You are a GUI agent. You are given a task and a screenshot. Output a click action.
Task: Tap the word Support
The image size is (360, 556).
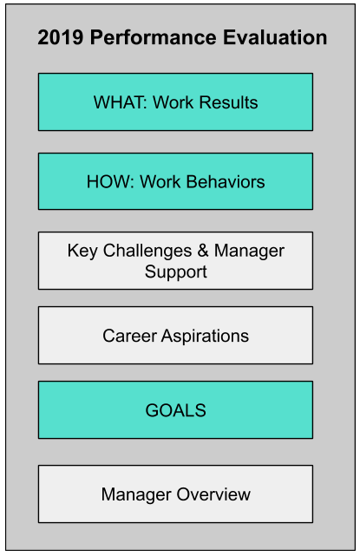[x=175, y=272]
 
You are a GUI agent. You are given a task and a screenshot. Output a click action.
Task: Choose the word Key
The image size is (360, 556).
[x=82, y=252]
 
